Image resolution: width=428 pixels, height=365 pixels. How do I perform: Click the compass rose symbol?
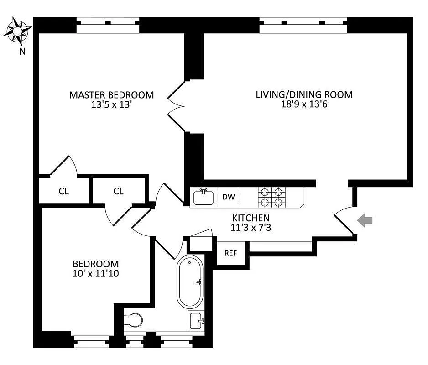[17, 31]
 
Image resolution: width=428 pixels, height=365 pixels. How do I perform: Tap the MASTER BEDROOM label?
[111, 95]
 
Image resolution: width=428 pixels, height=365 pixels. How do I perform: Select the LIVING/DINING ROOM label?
[304, 95]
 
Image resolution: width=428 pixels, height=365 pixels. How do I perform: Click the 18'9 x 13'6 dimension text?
[304, 104]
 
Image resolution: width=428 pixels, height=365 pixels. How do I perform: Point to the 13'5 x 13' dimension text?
[111, 104]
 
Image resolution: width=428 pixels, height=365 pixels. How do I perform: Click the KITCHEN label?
[251, 218]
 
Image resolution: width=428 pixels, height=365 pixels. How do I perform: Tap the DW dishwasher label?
[229, 197]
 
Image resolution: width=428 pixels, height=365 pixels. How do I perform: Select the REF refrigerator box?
[230, 253]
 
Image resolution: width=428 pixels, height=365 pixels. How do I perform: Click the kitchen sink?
[204, 197]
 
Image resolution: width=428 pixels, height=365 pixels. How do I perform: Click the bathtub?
[191, 282]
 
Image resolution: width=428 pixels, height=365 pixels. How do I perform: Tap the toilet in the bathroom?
[133, 320]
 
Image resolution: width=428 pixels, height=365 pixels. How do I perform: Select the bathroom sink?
[197, 321]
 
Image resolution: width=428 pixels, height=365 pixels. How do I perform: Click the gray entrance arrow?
[365, 221]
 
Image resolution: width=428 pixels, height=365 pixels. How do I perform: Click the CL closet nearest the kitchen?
[119, 191]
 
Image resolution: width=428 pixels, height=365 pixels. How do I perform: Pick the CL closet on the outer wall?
[64, 191]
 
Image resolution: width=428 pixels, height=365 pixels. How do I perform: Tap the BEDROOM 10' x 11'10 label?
[96, 268]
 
